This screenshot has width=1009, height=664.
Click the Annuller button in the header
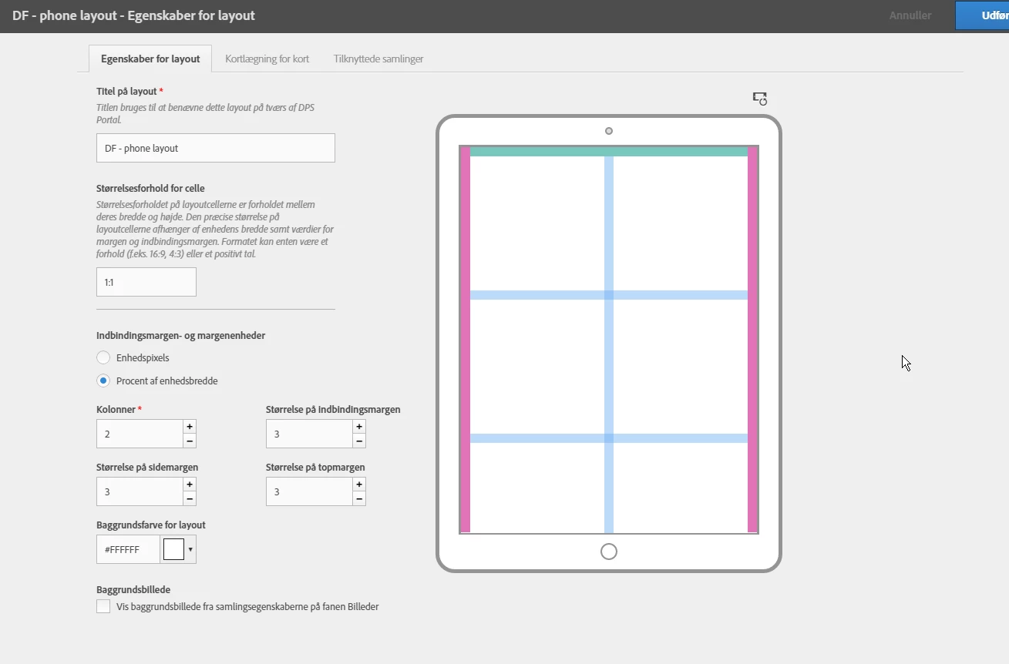pyautogui.click(x=910, y=15)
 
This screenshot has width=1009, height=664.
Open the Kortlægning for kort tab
pyautogui.click(x=267, y=59)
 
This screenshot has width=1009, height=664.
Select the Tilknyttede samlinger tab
pyautogui.click(x=378, y=59)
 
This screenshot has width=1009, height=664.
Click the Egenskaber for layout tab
pyautogui.click(x=150, y=59)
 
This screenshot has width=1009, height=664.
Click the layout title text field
pyautogui.click(x=215, y=148)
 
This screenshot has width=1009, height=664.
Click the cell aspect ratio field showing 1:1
pyautogui.click(x=146, y=282)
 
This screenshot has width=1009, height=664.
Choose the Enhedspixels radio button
pyautogui.click(x=103, y=357)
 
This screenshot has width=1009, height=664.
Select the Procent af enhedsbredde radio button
pyautogui.click(x=103, y=381)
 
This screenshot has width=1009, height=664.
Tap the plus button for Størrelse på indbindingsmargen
pyautogui.click(x=359, y=427)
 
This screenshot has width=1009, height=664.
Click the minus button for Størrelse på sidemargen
pyautogui.click(x=190, y=499)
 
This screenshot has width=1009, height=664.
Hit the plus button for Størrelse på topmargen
pyautogui.click(x=359, y=485)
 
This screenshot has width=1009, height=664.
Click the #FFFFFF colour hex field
pyautogui.click(x=128, y=549)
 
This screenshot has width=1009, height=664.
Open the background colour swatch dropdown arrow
pyautogui.click(x=190, y=549)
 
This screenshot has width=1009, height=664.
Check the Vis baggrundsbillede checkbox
pyautogui.click(x=103, y=606)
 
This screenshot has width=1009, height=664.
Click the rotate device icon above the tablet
pyautogui.click(x=759, y=99)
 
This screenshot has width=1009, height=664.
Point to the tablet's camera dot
pyautogui.click(x=608, y=131)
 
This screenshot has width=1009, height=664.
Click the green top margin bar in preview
pyautogui.click(x=608, y=152)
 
